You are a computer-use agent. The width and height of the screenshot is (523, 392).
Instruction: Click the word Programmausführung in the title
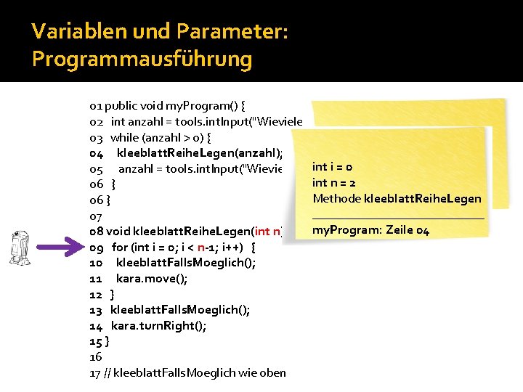click(142, 58)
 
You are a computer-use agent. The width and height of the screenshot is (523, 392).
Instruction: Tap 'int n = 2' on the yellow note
click(334, 183)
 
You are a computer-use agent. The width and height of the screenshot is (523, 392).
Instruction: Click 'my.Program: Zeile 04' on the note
click(371, 230)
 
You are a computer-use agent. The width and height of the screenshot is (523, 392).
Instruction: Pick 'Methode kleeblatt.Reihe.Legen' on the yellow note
click(397, 199)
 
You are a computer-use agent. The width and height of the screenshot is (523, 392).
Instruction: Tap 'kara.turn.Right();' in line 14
click(158, 326)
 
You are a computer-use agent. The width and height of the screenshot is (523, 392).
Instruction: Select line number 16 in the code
click(95, 357)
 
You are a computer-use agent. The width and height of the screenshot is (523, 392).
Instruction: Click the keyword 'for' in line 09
click(119, 247)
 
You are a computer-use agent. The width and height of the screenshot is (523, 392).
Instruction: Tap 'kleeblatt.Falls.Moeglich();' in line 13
click(180, 310)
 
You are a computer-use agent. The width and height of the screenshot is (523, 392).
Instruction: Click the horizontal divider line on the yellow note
click(397, 217)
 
